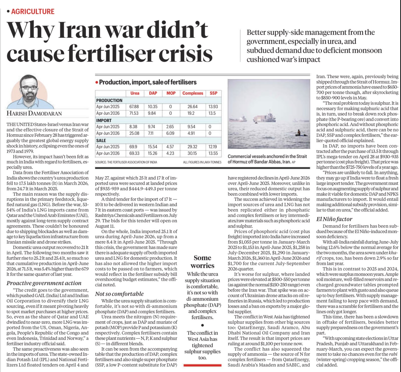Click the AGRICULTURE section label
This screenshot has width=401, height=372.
33,12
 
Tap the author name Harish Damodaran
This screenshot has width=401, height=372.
34,113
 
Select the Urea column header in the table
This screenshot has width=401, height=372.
135,93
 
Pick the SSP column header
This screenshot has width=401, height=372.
214,93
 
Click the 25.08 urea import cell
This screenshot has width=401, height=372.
134,133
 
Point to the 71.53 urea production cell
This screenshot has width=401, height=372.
134,113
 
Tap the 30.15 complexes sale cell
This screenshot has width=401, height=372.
192,153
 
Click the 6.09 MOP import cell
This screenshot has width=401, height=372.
170,133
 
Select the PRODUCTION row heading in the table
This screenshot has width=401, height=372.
109,100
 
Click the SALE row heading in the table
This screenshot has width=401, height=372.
101,140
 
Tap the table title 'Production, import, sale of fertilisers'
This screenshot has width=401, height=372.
148,82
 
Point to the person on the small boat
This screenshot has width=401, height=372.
298,133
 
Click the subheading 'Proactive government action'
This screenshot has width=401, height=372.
44,283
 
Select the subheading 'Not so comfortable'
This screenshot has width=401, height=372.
119,294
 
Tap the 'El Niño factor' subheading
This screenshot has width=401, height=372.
334,219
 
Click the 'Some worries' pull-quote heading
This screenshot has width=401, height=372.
203,262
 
